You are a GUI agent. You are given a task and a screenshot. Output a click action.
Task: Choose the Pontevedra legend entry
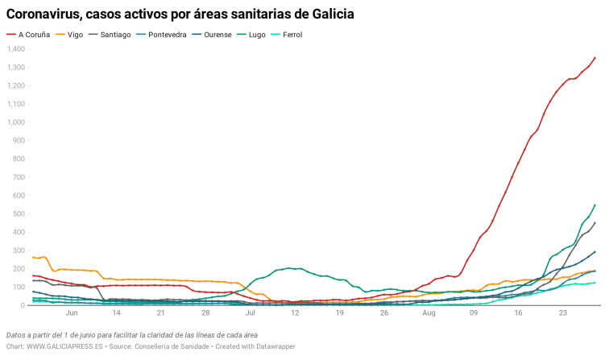tap(172, 35)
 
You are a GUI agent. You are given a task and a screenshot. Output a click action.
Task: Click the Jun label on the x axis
tap(72, 313)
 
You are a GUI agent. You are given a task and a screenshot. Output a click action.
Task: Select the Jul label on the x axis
tap(251, 313)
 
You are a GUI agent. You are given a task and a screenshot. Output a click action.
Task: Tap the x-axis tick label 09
tap(473, 313)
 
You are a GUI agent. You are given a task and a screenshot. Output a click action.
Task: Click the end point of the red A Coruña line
tap(594, 57)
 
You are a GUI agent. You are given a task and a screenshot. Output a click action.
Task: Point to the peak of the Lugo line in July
tap(288, 268)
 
